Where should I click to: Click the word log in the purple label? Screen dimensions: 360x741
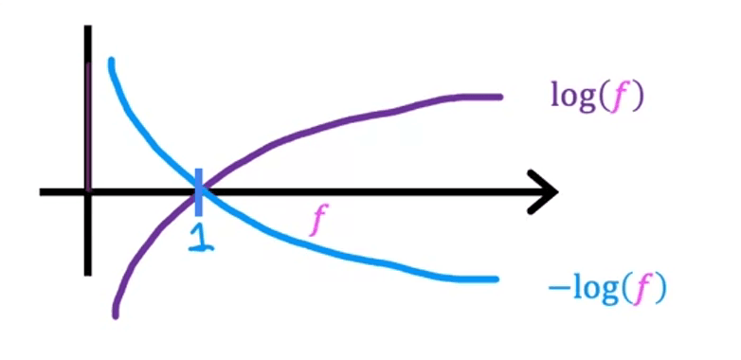tap(573, 96)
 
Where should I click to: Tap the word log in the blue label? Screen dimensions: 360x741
tap(592, 288)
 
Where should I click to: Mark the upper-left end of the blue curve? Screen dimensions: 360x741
tap(112, 63)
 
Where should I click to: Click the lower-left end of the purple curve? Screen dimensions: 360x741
tap(116, 314)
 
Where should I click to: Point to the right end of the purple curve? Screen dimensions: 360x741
tap(497, 97)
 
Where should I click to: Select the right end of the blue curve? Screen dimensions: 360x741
tap(495, 279)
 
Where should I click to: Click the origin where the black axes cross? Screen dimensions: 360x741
tap(87, 191)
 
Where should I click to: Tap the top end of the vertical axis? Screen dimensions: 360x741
tap(87, 28)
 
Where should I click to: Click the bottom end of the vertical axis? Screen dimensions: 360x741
tap(87, 273)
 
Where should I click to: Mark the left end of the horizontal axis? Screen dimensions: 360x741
tap(42, 191)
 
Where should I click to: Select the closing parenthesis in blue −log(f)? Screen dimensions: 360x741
tap(660, 289)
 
